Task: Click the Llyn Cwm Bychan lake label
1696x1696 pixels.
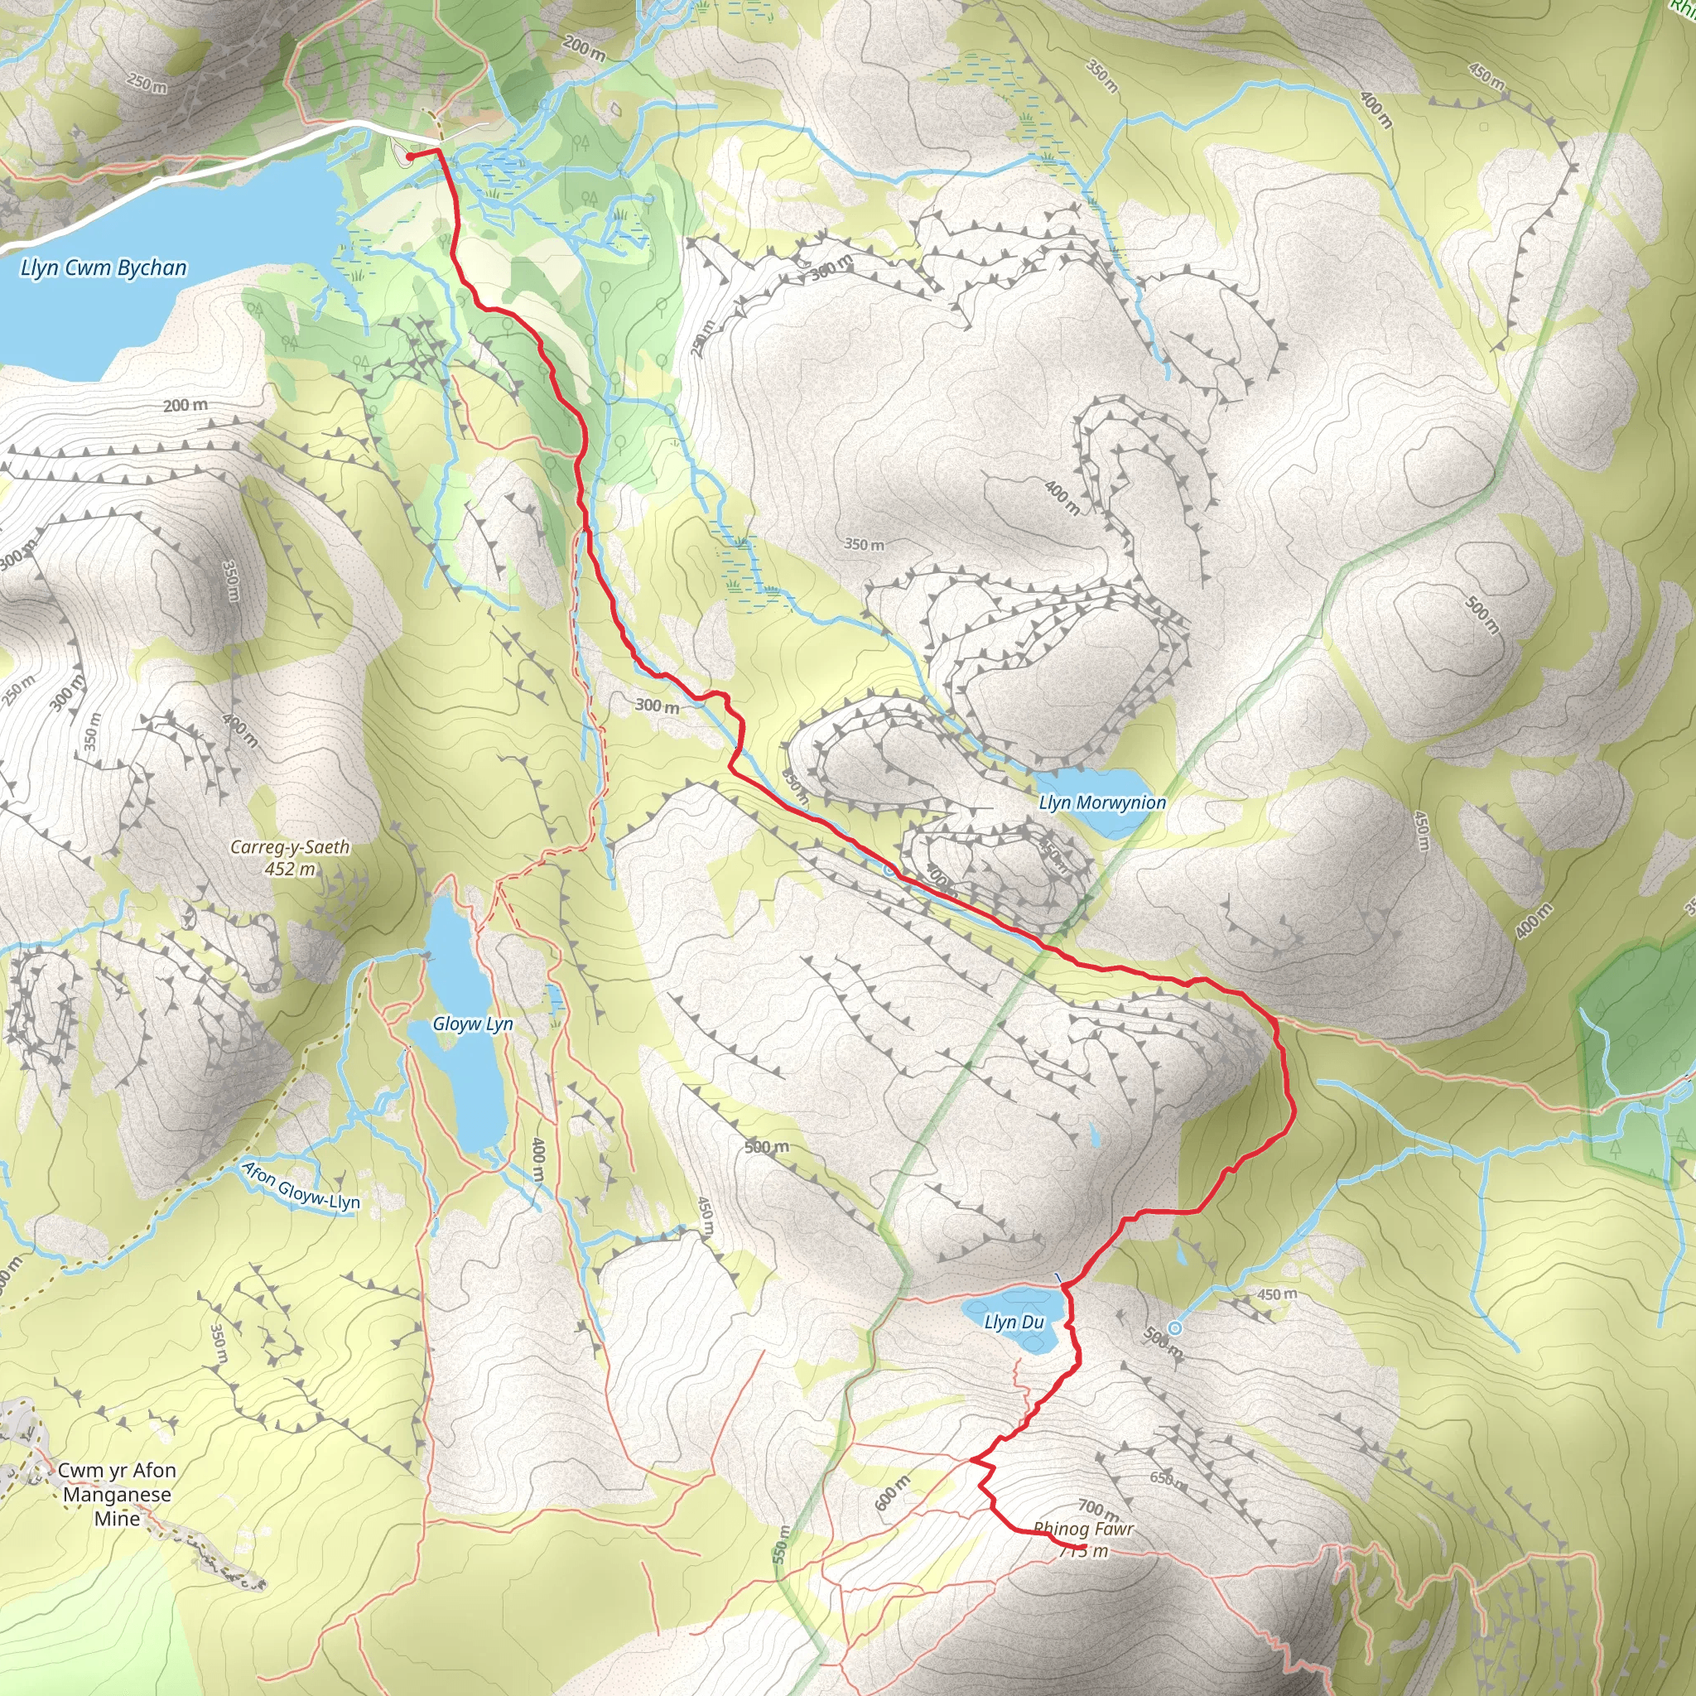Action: tap(104, 267)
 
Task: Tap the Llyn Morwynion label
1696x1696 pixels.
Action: tap(1101, 802)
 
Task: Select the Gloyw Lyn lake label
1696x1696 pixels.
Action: tap(472, 1024)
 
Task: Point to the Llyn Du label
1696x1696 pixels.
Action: tap(1014, 1322)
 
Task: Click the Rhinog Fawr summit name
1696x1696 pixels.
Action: tap(1083, 1529)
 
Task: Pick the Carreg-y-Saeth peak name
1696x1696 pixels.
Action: tap(290, 847)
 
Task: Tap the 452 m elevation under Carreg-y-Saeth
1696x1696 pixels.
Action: tap(290, 869)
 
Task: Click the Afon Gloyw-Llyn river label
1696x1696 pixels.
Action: tap(301, 1186)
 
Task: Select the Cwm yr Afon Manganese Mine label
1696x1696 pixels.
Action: tap(117, 1494)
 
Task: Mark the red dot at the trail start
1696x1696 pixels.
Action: tap(410, 157)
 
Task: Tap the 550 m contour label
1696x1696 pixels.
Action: tap(780, 1544)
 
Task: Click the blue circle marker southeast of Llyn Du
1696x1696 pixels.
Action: tap(1174, 1328)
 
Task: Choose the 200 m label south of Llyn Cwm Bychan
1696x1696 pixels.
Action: tap(185, 405)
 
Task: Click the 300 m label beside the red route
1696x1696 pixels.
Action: tap(657, 705)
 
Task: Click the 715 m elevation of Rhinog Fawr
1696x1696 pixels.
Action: tap(1084, 1551)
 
